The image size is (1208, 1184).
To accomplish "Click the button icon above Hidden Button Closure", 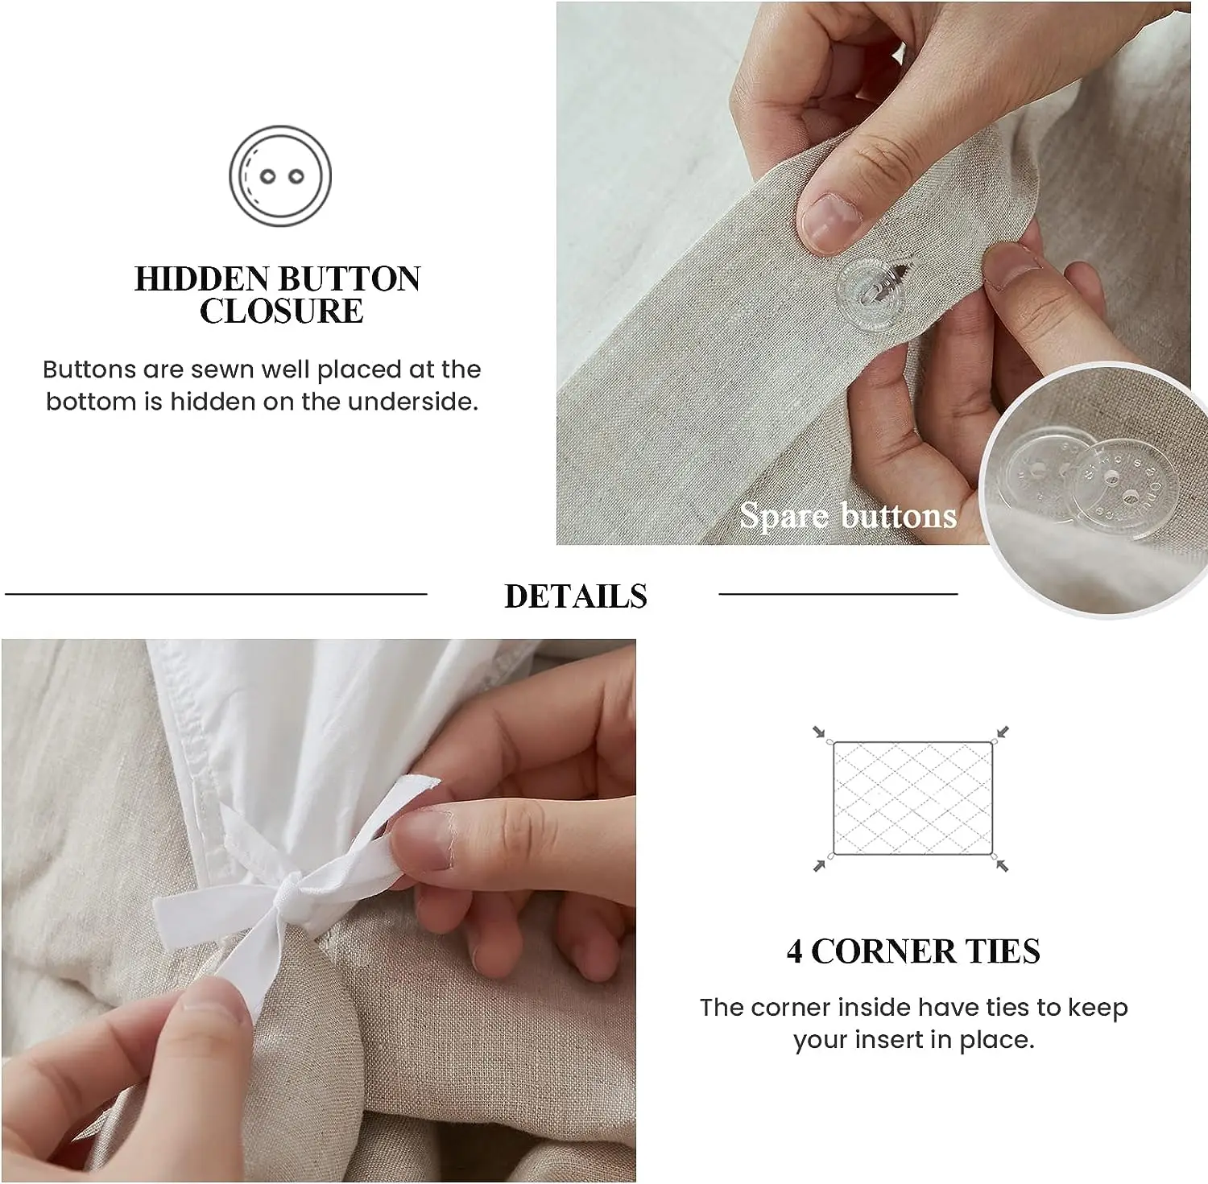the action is pos(280,175).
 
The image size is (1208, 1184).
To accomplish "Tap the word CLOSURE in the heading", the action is pos(281,311).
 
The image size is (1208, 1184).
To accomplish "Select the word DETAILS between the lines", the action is pos(576,596).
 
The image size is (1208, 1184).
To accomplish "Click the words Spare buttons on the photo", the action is pos(848,515).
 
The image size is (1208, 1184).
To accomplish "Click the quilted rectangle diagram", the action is pos(912,798).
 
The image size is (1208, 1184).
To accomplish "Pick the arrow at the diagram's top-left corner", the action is pos(820,732).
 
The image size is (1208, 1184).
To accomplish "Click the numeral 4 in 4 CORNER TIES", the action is pos(794,951).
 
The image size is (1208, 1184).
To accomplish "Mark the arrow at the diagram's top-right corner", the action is pos(1002,732).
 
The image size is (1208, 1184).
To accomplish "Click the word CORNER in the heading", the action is pos(884,951).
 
